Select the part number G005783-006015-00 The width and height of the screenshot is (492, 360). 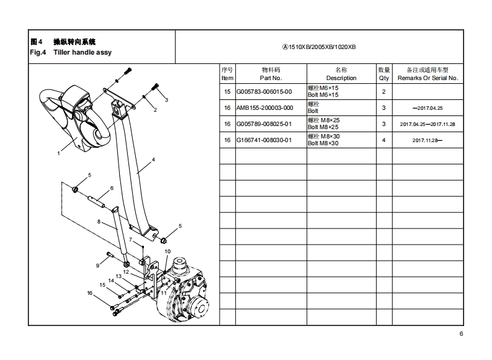[x=264, y=92]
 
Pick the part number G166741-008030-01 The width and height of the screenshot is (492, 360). [x=264, y=140]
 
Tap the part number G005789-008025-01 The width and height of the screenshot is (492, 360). [x=264, y=124]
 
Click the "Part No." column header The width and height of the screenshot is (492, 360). [x=271, y=78]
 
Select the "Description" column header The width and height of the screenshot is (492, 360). [x=341, y=78]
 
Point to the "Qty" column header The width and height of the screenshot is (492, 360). [x=384, y=78]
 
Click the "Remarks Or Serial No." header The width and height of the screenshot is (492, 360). [x=427, y=78]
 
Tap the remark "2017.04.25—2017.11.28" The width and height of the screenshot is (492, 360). [x=427, y=124]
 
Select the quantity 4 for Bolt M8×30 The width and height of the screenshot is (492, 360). [x=384, y=140]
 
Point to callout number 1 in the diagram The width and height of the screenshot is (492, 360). [x=59, y=152]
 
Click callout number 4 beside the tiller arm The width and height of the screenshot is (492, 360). [x=153, y=160]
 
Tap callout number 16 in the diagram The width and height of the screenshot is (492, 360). [x=89, y=293]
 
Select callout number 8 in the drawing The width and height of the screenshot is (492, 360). [x=98, y=221]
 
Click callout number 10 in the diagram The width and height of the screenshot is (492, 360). [x=167, y=251]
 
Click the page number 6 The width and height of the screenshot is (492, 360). [x=461, y=334]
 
